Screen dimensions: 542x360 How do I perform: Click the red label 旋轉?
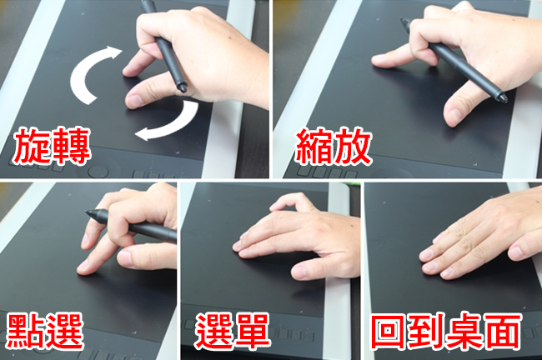tap(52, 145)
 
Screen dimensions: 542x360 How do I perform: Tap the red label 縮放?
tap(334, 146)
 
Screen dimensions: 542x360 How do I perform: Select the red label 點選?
tap(45, 331)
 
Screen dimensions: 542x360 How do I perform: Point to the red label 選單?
tap(233, 331)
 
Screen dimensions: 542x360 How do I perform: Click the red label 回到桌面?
tap(446, 331)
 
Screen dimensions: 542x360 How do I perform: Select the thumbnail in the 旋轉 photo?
tap(134, 101)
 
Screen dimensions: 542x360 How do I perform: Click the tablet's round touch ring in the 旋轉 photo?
tap(98, 172)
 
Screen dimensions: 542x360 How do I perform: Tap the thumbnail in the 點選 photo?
tap(125, 258)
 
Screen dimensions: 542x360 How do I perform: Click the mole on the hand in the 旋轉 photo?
tap(229, 36)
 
